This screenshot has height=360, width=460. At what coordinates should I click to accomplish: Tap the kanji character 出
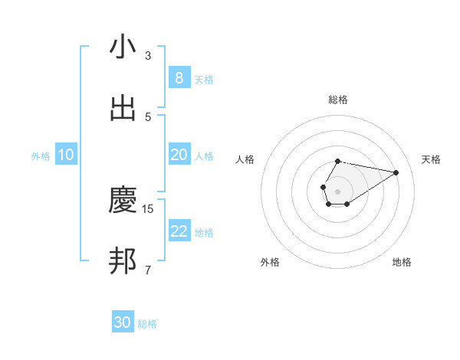coord(123,109)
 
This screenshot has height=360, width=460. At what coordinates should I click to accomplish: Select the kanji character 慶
coord(123,201)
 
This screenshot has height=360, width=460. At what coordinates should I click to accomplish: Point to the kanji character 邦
coord(123,262)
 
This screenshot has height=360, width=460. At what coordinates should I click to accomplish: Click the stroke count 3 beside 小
coord(148,56)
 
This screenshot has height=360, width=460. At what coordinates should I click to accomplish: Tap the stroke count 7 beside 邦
coord(148,270)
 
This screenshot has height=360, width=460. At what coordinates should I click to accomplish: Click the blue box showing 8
coord(179,78)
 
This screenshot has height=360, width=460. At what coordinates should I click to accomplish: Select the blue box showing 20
coord(179,155)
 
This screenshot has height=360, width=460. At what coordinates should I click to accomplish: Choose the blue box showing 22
coord(179,231)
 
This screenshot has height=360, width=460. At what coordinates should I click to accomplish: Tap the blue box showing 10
coord(66,155)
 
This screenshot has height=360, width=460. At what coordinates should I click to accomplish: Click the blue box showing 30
coord(123,322)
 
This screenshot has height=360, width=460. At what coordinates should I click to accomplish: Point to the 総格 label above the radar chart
coord(337,100)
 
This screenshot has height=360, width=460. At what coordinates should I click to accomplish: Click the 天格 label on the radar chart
coord(431,159)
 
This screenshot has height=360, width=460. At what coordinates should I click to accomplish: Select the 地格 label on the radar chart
coord(402,262)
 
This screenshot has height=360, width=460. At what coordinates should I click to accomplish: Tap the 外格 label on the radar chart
coord(270,262)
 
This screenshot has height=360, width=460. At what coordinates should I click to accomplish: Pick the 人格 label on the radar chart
coord(245,159)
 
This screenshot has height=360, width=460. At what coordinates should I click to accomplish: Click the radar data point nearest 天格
coord(396,172)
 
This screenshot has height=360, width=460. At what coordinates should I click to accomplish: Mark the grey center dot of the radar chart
coord(337,190)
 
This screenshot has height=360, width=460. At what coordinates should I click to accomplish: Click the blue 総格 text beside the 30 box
coord(147,324)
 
